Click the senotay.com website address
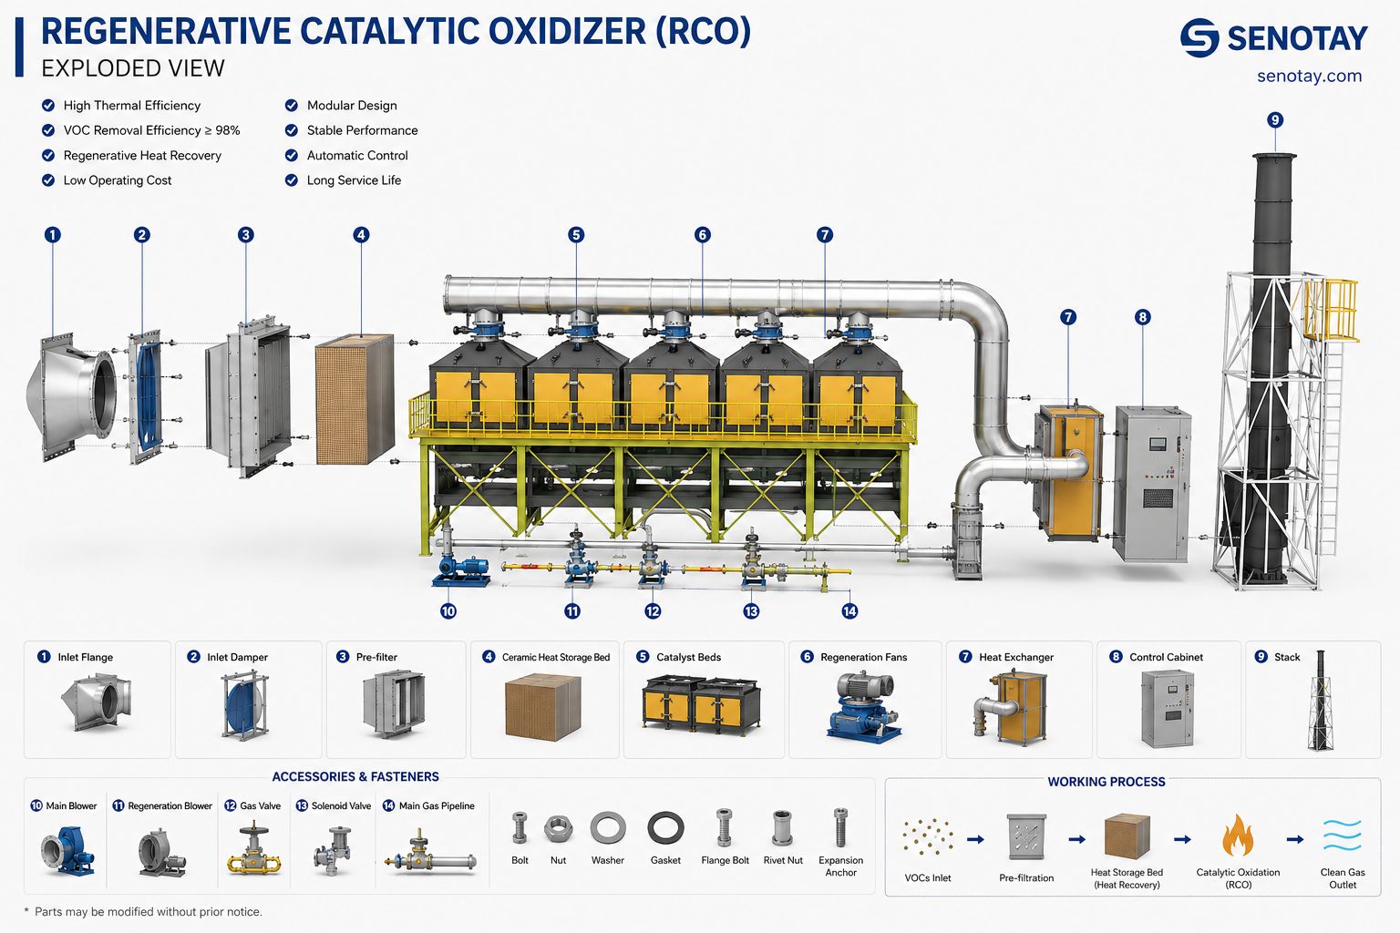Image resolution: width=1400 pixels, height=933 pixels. click(1309, 77)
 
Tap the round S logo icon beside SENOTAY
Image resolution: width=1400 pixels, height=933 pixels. click(1199, 38)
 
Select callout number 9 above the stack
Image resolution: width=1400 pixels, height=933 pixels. click(1275, 119)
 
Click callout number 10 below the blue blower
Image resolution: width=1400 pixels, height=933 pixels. click(448, 610)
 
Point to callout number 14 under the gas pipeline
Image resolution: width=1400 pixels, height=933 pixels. click(849, 610)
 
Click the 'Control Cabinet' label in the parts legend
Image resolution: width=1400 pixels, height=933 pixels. click(1167, 657)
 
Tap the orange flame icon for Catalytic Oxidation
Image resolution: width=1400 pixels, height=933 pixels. click(1238, 835)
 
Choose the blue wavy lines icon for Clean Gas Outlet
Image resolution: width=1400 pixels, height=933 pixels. click(1342, 835)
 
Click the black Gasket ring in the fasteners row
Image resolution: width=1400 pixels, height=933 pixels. click(665, 828)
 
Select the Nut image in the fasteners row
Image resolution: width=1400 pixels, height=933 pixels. click(558, 828)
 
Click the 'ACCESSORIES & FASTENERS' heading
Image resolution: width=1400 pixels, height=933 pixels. click(355, 776)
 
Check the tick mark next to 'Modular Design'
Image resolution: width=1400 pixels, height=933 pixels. click(292, 105)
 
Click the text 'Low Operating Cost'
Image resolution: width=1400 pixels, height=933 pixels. click(118, 180)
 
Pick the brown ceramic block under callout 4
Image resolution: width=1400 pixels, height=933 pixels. click(355, 399)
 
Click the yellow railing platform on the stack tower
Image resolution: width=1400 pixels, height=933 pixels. click(1333, 311)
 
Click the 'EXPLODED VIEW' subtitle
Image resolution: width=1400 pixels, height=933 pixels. click(132, 68)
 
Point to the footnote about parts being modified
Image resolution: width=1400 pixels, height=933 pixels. click(143, 912)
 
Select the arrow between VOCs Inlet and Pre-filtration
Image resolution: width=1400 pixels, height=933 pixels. click(975, 839)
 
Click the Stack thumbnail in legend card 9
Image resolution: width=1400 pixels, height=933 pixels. click(1320, 700)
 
